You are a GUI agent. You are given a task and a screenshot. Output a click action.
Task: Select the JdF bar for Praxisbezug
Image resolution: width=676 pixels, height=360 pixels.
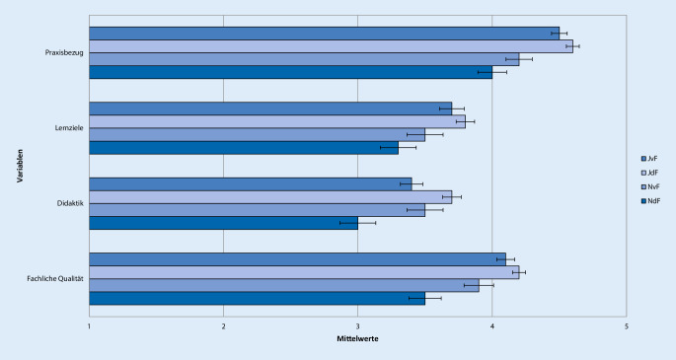pyautogui.click(x=331, y=45)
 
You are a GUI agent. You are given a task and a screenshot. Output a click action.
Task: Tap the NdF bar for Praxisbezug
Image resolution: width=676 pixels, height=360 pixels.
pyautogui.click(x=290, y=71)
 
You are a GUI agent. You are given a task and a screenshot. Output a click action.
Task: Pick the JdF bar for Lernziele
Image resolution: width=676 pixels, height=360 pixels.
pyautogui.click(x=277, y=121)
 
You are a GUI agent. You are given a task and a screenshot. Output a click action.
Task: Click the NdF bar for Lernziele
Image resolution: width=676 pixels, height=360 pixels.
pyautogui.click(x=244, y=147)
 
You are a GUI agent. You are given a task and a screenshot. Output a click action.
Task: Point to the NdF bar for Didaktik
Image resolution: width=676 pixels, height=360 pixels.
pyautogui.click(x=224, y=222)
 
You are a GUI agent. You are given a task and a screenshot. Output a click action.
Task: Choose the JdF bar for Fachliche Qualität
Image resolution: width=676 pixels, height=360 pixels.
pyautogui.click(x=304, y=272)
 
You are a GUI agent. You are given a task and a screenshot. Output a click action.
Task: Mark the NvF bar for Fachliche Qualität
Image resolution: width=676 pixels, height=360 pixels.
pyautogui.click(x=284, y=285)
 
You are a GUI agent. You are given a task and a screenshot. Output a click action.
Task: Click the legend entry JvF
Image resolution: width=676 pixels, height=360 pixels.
pyautogui.click(x=652, y=158)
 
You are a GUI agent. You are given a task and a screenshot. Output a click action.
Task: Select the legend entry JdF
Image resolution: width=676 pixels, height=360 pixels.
pyautogui.click(x=652, y=173)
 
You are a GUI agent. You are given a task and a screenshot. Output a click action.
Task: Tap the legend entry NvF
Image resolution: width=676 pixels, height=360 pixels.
pyautogui.click(x=652, y=187)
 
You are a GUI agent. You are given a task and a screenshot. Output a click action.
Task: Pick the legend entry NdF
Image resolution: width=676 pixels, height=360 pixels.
pyautogui.click(x=652, y=202)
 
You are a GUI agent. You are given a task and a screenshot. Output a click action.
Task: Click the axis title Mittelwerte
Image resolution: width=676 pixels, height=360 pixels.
pyautogui.click(x=357, y=339)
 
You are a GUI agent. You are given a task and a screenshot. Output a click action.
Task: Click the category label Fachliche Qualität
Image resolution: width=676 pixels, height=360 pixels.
pyautogui.click(x=54, y=279)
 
